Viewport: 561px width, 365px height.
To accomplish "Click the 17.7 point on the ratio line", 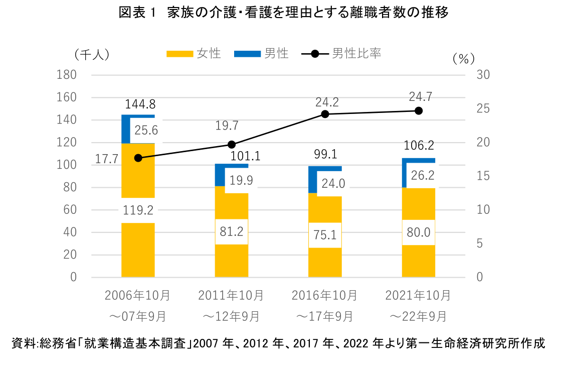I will [x=138, y=158].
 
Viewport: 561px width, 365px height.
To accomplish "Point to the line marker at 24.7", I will [x=419, y=111].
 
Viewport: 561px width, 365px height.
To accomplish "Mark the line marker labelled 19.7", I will [x=232, y=145].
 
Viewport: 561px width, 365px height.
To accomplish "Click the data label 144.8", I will [x=138, y=104].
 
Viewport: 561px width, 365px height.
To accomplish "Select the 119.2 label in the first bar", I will [x=138, y=211].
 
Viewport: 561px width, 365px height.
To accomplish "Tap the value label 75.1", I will [x=325, y=235].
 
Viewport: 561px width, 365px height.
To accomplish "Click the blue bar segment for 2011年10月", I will [x=220, y=175].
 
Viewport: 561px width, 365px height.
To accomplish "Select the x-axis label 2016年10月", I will [x=324, y=295].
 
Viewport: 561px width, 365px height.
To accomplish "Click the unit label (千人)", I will [x=92, y=54].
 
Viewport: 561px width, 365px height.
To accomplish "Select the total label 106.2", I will [x=419, y=146].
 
